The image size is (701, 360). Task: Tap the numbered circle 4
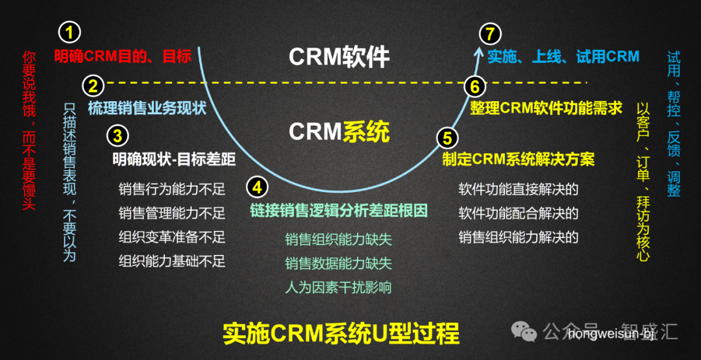258,187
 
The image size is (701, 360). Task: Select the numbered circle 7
490,32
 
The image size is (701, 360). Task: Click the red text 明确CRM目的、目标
123,56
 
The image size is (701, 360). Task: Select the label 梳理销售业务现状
147,108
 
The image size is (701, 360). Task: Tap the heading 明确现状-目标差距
173,159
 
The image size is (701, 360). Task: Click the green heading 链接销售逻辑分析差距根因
339,211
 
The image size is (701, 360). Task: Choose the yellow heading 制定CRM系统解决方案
518,159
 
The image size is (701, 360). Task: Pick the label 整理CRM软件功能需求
546,108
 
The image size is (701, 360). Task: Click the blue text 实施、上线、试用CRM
563,56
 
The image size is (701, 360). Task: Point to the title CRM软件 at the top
339,57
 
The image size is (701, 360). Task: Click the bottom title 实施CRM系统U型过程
341,333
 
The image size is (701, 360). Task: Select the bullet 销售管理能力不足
172,213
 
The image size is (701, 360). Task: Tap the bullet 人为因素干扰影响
338,287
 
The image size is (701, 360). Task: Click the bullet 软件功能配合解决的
518,213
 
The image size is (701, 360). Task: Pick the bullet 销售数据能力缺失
338,263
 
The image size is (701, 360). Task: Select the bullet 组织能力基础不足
172,261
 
